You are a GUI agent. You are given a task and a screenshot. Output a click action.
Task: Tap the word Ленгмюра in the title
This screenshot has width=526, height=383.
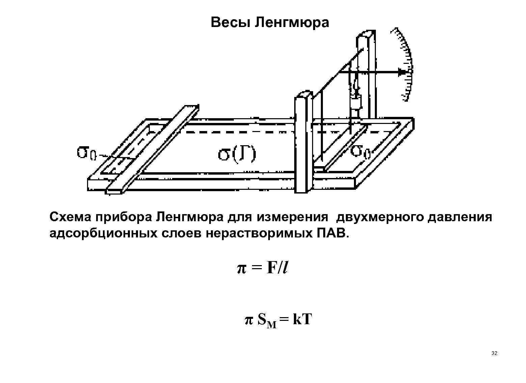click(292, 23)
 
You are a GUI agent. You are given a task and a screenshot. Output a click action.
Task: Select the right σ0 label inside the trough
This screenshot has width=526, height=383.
click(360, 151)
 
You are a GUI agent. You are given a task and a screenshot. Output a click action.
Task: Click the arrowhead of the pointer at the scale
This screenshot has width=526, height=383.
click(401, 72)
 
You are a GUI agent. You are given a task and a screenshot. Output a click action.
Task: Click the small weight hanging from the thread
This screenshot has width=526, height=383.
click(355, 102)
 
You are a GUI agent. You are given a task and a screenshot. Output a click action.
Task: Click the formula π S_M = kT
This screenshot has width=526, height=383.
click(278, 320)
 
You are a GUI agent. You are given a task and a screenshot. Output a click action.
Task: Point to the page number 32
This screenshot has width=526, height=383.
click(495, 354)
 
